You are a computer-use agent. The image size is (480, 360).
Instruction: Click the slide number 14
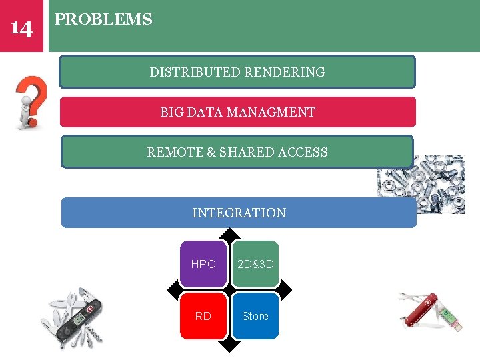[21, 28]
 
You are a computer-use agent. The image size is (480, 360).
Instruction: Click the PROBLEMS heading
[103, 19]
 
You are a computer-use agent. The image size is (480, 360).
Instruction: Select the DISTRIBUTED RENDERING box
[237, 72]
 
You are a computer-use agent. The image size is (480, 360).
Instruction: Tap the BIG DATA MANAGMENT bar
[237, 112]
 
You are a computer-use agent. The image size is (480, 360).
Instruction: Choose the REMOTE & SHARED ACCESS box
[237, 152]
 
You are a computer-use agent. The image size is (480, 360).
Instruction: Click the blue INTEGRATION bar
[239, 213]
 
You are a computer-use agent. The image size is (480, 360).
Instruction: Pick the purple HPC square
[203, 264]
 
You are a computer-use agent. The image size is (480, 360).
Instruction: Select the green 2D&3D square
[255, 264]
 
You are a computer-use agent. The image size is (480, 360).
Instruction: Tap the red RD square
[203, 316]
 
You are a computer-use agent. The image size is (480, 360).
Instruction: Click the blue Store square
[255, 316]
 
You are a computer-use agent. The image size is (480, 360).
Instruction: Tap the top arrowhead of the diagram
[229, 233]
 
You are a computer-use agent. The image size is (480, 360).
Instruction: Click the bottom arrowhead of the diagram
[229, 346]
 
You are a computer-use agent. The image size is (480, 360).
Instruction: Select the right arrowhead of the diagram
[286, 290]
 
